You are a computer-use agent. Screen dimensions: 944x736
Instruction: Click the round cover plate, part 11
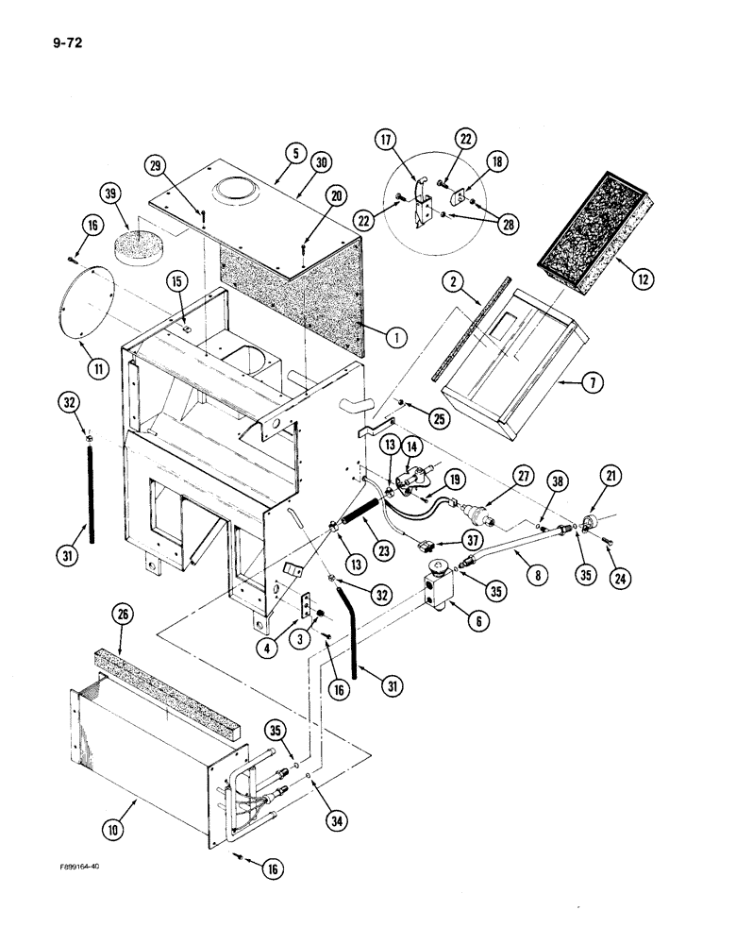(x=86, y=302)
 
